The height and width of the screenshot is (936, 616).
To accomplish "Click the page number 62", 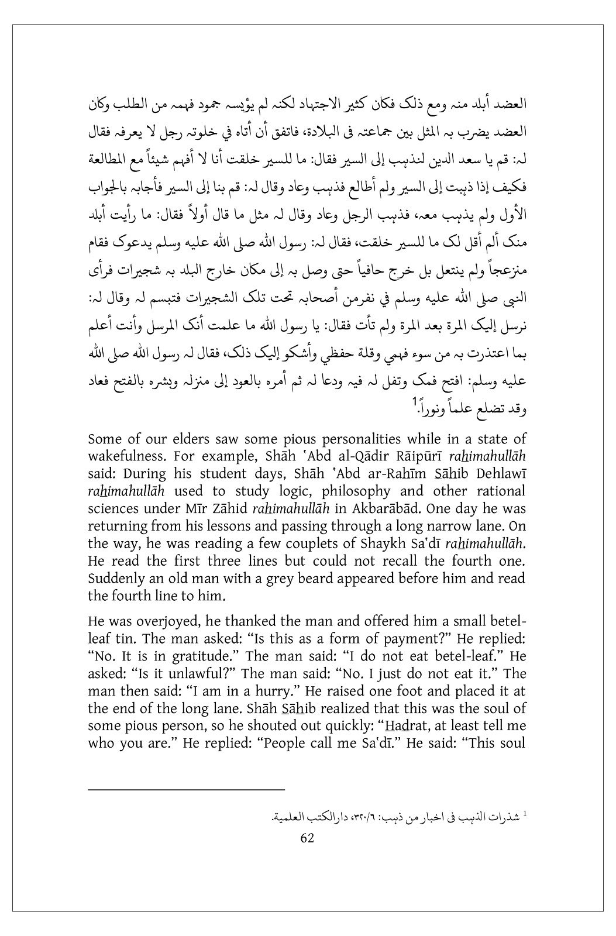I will pos(307,837).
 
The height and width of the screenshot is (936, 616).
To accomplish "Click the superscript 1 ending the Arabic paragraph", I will pos(415,401).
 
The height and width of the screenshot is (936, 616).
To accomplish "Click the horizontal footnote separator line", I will pos(185,790).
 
